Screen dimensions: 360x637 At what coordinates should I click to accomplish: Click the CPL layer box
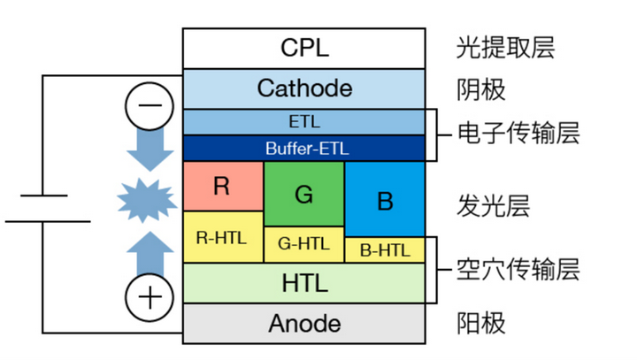[304, 48]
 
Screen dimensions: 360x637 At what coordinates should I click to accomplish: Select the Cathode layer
[304, 88]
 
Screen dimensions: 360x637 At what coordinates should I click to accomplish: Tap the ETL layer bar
[304, 122]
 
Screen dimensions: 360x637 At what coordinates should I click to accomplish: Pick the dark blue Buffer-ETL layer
[304, 148]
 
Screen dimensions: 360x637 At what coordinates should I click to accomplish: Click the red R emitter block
[223, 186]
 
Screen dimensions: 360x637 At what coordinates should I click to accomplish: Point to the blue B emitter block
[385, 200]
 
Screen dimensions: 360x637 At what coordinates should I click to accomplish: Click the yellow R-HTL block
[223, 237]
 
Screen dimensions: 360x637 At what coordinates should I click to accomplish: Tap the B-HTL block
[385, 250]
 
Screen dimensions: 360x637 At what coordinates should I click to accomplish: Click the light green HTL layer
[304, 283]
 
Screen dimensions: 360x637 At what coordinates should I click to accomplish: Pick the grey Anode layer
[304, 324]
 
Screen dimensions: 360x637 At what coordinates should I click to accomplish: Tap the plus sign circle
[149, 296]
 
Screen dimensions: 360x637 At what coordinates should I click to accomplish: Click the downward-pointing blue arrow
[149, 150]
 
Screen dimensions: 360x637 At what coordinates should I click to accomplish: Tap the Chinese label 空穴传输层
[518, 270]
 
